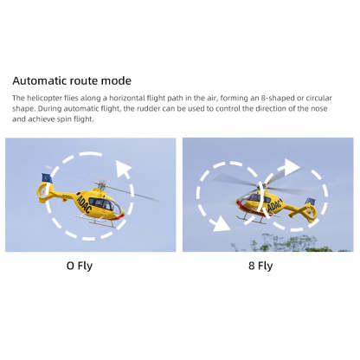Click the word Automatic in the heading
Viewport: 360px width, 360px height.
tap(44, 80)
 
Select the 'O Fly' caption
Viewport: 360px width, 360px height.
tap(79, 266)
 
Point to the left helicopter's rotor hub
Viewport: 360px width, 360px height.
tap(100, 186)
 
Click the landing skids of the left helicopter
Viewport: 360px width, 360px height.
tap(100, 224)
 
